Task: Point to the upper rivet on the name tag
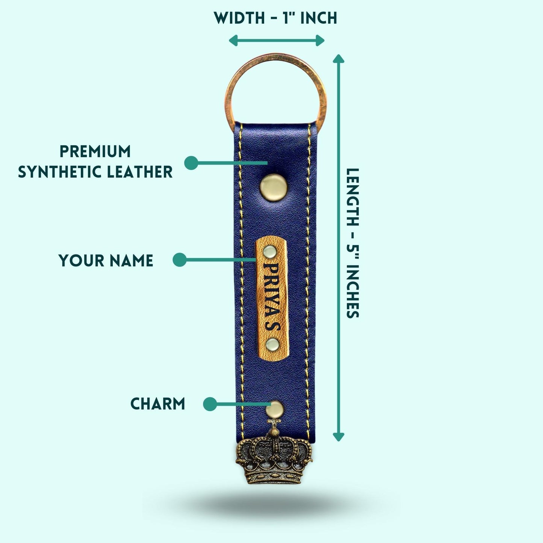tap(269, 251)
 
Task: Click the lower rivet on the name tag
tap(272, 344)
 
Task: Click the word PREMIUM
tap(95, 151)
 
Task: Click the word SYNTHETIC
tap(60, 172)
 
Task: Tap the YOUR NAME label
tap(106, 261)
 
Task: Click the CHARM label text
tap(158, 404)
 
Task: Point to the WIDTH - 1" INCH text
tap(275, 18)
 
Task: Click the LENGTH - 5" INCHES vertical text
tap(353, 243)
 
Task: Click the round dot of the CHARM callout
tap(210, 404)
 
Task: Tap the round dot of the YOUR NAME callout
tap(180, 260)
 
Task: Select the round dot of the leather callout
tap(191, 163)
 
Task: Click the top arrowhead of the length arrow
tap(339, 58)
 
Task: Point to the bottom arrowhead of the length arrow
tap(339, 437)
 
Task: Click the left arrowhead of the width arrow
tap(233, 41)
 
